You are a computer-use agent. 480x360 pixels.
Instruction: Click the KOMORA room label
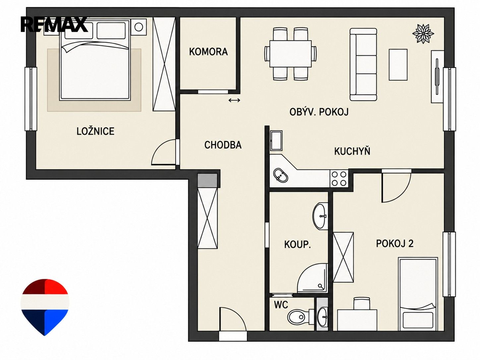pos(208,52)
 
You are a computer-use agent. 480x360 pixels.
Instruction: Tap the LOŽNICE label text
pos(95,131)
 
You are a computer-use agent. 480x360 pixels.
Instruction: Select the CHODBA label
pos(223,145)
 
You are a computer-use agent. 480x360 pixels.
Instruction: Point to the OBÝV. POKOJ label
pos(319,112)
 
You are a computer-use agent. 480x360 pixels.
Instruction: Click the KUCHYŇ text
pos(352,151)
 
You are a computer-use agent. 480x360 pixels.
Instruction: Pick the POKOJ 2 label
pos(394,243)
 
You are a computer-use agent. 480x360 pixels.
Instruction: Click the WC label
pos(281,305)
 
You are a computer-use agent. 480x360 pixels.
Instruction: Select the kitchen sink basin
pos(280,175)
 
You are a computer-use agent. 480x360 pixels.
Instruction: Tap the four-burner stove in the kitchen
pos(339,178)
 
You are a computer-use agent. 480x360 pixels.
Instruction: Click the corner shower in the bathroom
pos(313,278)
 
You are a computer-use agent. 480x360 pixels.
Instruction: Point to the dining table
pos(290,54)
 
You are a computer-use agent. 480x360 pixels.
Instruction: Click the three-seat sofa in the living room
pos(363,65)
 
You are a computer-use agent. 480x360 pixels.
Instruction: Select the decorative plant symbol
pos(423,34)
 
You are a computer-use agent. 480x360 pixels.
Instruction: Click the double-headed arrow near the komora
pos(234,100)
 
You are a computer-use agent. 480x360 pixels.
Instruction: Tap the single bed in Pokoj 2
pos(418,294)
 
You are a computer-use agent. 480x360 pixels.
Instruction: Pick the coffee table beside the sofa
pos(398,65)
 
